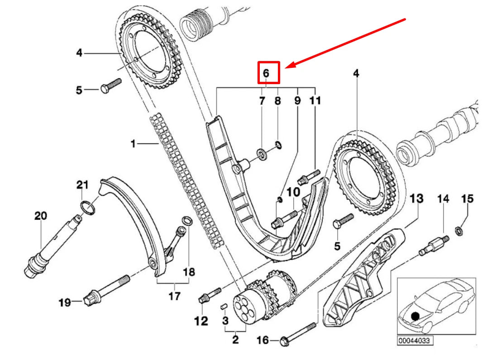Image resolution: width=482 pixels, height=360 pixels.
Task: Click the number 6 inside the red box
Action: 266,72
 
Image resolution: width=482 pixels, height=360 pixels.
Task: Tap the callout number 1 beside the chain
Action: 133,144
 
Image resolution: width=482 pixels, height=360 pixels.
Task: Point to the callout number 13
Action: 416,198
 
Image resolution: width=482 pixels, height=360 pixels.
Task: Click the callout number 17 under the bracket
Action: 174,296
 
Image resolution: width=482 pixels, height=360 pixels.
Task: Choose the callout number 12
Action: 201,321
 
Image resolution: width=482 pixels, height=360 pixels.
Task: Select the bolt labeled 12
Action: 210,293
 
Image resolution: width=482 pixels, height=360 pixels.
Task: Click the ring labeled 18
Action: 186,221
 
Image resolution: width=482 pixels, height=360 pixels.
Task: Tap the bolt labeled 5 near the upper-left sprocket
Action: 111,86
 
